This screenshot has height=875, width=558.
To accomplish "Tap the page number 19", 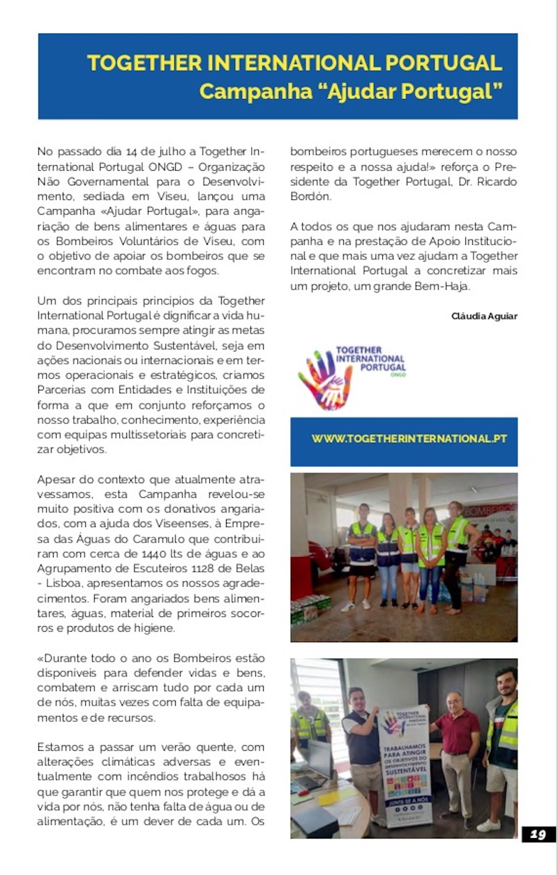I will [538, 835].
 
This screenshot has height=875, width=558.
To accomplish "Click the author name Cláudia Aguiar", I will [485, 317].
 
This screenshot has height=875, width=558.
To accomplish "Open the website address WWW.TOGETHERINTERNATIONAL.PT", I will [409, 439].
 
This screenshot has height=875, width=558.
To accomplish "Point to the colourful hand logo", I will [324, 379].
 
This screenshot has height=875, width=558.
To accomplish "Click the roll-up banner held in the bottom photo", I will [404, 767].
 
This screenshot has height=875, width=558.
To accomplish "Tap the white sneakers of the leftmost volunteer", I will [347, 607].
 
